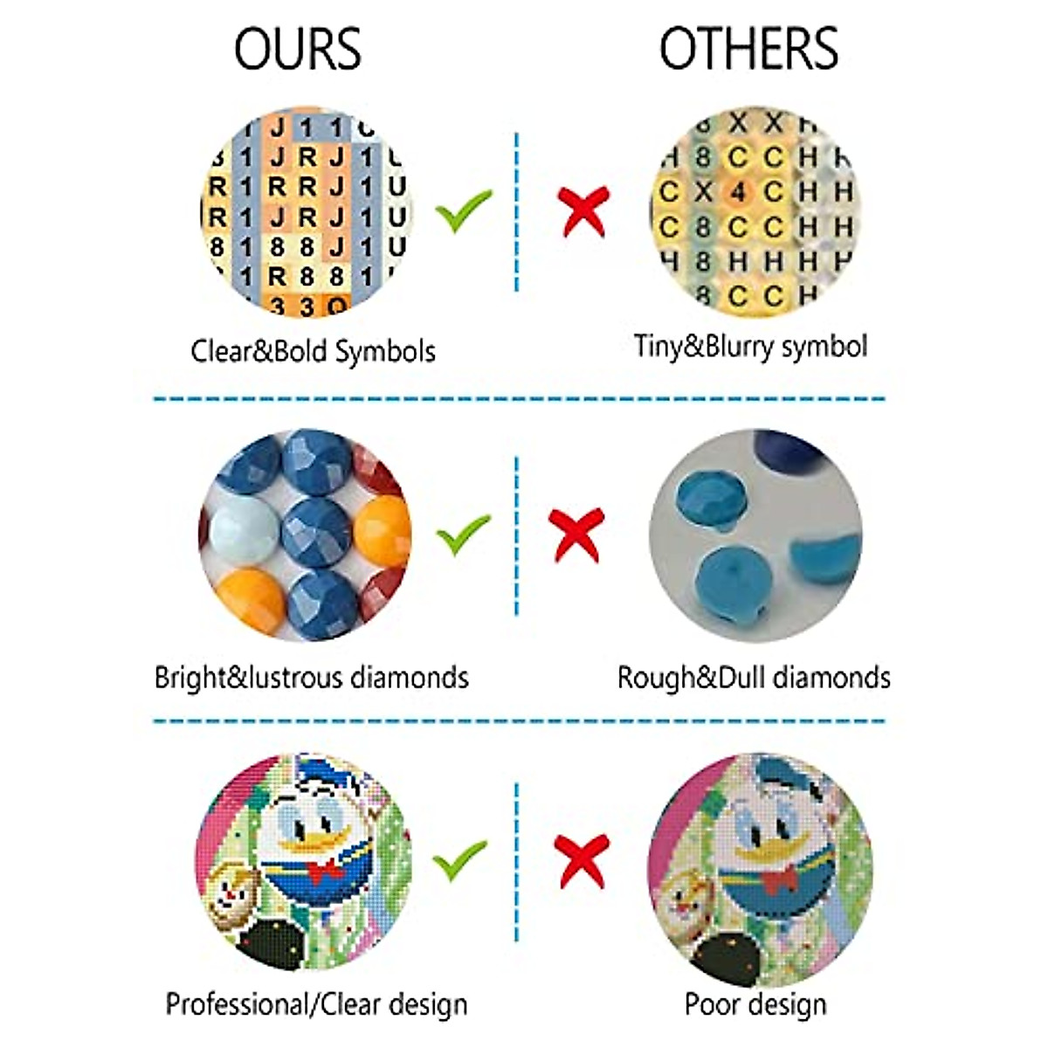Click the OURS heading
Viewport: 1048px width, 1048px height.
[x=297, y=49]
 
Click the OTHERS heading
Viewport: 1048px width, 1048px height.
[x=748, y=49]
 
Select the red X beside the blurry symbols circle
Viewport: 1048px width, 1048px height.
[x=583, y=210]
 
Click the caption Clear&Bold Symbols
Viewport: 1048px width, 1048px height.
[x=313, y=351]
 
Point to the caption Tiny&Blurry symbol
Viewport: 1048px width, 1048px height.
[x=750, y=347]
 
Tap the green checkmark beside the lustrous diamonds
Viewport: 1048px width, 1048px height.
[x=463, y=534]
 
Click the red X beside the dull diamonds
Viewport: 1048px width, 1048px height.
[x=577, y=534]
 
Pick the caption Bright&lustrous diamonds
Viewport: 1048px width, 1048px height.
[x=311, y=678]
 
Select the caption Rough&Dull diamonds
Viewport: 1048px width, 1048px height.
[x=753, y=678]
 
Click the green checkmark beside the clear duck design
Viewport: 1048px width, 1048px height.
[x=461, y=859]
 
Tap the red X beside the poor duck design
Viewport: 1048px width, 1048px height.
[x=582, y=859]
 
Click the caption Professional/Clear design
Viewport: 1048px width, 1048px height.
[x=316, y=1004]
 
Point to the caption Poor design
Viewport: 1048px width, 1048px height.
[x=755, y=1004]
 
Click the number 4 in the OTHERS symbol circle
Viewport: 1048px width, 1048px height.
[x=739, y=190]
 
